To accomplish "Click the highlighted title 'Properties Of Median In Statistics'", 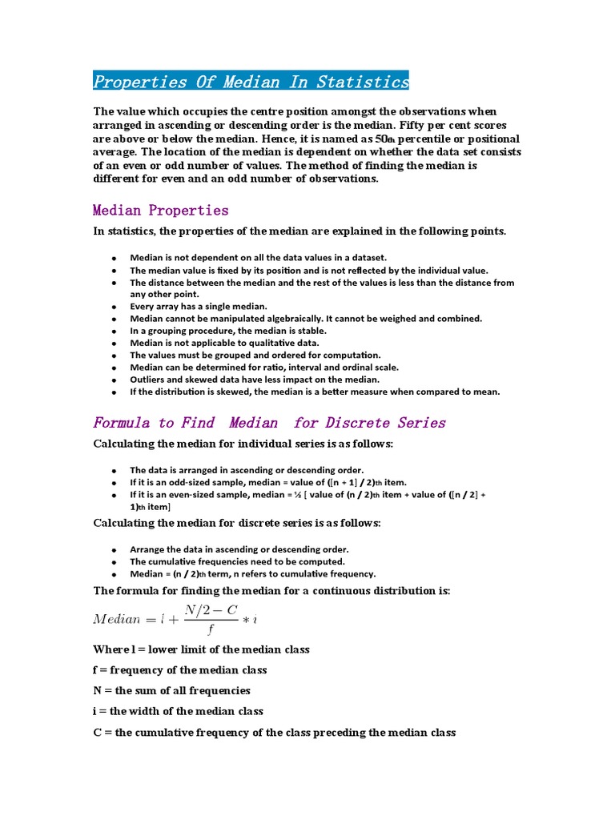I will (x=251, y=82).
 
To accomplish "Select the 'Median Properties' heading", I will (x=160, y=211).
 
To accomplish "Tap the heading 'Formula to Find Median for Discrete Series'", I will (x=269, y=423).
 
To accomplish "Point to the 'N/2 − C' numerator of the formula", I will (x=211, y=610).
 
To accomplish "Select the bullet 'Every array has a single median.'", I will (x=199, y=307).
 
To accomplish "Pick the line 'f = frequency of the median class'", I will (x=180, y=670).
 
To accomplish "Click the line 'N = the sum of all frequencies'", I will (x=172, y=690).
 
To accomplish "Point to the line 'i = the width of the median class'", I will (x=179, y=711).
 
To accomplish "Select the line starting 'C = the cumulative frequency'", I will (x=275, y=732).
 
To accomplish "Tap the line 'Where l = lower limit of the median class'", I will (x=202, y=649).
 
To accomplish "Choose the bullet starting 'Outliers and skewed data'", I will (x=255, y=380).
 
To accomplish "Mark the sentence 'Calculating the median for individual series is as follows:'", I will (x=243, y=444).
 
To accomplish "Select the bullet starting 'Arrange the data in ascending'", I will (x=239, y=549).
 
